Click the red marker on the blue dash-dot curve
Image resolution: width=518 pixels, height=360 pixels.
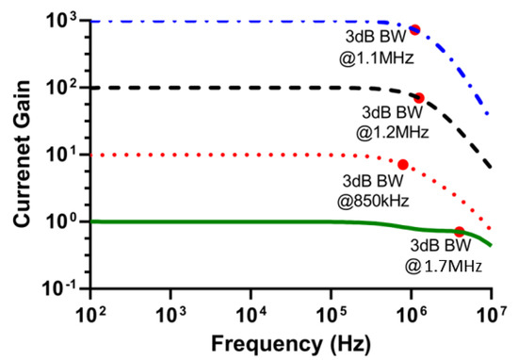[414, 30]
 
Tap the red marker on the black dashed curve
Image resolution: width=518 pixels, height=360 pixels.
[419, 98]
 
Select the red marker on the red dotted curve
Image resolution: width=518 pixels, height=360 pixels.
[403, 164]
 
